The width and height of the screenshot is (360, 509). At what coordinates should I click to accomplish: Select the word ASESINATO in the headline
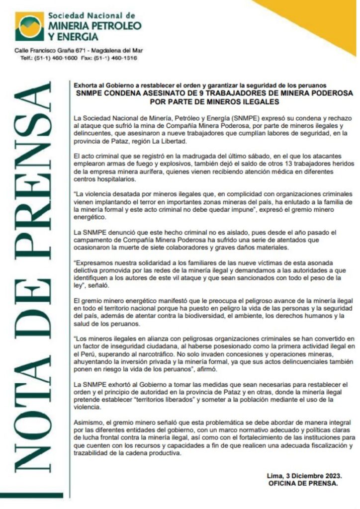tap(166, 93)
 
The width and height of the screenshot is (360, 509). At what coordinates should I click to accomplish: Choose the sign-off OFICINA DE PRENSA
tap(303, 484)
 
